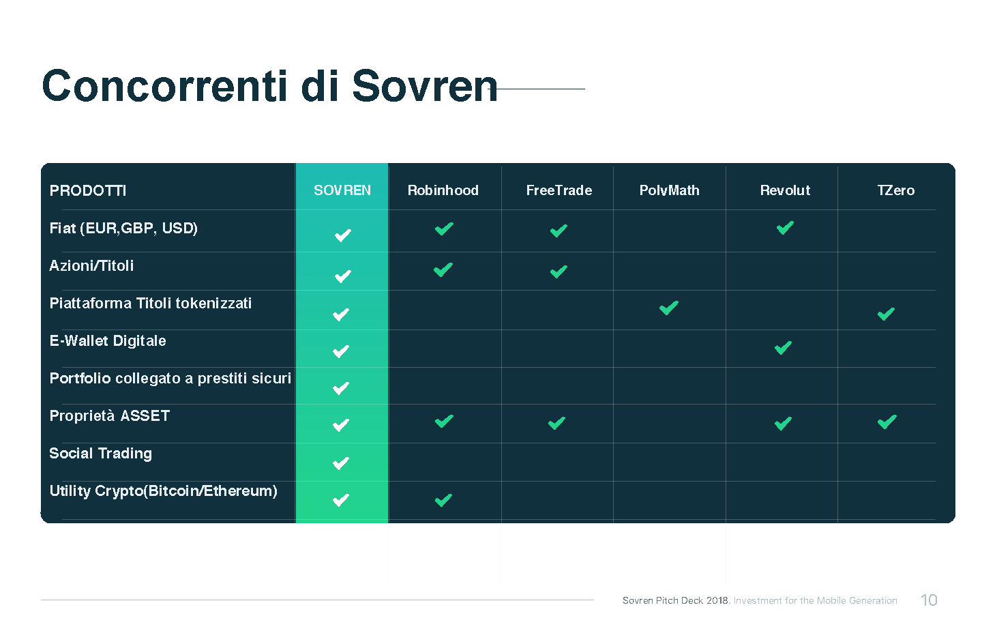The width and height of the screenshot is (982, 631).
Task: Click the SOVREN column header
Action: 342,190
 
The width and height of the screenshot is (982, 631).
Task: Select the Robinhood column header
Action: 443,190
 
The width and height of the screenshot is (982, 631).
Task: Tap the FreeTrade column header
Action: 559,190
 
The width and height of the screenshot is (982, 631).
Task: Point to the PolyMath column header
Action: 669,190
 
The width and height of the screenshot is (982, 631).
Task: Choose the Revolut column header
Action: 785,190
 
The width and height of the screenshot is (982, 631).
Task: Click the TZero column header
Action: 895,190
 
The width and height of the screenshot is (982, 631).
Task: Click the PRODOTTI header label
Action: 88,191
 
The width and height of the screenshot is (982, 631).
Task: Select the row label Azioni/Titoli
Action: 91,266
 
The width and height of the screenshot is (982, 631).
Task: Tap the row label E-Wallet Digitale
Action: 108,340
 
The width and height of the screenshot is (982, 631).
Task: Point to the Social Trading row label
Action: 100,454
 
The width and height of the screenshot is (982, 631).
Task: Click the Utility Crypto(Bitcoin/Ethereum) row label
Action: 163,491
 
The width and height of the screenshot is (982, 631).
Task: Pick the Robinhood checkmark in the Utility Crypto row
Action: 443,500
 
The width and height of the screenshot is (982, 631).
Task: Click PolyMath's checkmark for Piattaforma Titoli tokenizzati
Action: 668,308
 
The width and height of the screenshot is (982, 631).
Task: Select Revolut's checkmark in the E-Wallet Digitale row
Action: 783,348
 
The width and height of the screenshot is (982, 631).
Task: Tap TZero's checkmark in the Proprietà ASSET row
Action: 887,422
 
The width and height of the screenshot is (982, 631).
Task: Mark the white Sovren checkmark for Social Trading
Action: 341,463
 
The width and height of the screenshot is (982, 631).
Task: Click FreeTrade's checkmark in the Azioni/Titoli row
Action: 559,272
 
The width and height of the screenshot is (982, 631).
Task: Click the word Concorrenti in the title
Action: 164,86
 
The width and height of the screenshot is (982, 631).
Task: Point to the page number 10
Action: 929,600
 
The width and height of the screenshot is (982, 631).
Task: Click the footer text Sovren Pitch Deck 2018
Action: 676,600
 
